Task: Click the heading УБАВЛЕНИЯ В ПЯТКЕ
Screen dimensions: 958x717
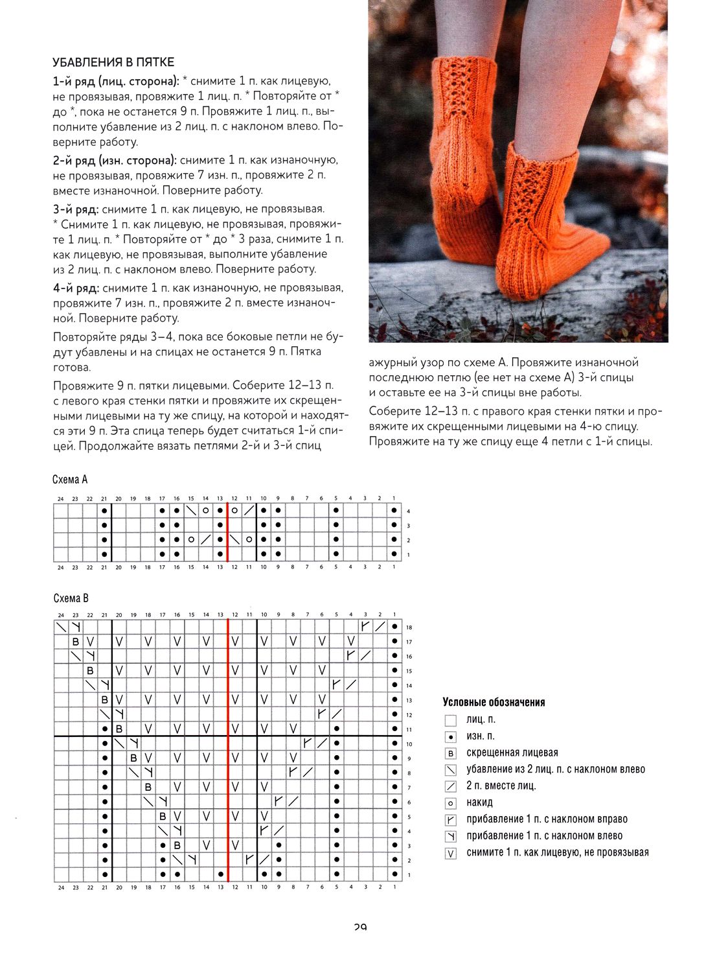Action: pyautogui.click(x=113, y=62)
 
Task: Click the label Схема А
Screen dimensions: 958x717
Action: pyautogui.click(x=70, y=480)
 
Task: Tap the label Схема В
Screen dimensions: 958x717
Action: pyautogui.click(x=71, y=598)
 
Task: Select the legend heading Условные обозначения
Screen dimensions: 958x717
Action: pyautogui.click(x=494, y=702)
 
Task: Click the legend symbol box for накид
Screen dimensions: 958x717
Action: pyautogui.click(x=451, y=803)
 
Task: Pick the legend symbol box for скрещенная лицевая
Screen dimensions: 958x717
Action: pyautogui.click(x=451, y=753)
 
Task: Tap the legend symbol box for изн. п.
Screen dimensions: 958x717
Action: pyautogui.click(x=451, y=737)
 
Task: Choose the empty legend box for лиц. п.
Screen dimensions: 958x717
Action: pyautogui.click(x=451, y=720)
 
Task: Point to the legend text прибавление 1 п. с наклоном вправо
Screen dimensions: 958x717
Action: pyautogui.click(x=547, y=819)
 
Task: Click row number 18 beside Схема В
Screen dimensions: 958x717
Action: pyautogui.click(x=409, y=627)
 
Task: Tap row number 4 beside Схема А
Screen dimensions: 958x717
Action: pyautogui.click(x=408, y=511)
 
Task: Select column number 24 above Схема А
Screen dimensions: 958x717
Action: pyautogui.click(x=60, y=498)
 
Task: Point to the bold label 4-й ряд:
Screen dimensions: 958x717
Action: pyautogui.click(x=76, y=288)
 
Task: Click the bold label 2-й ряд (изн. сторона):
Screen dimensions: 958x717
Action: pyautogui.click(x=115, y=160)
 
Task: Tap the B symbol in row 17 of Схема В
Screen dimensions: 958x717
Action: pyautogui.click(x=75, y=642)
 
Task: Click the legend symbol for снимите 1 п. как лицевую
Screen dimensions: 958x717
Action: pyautogui.click(x=451, y=853)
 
